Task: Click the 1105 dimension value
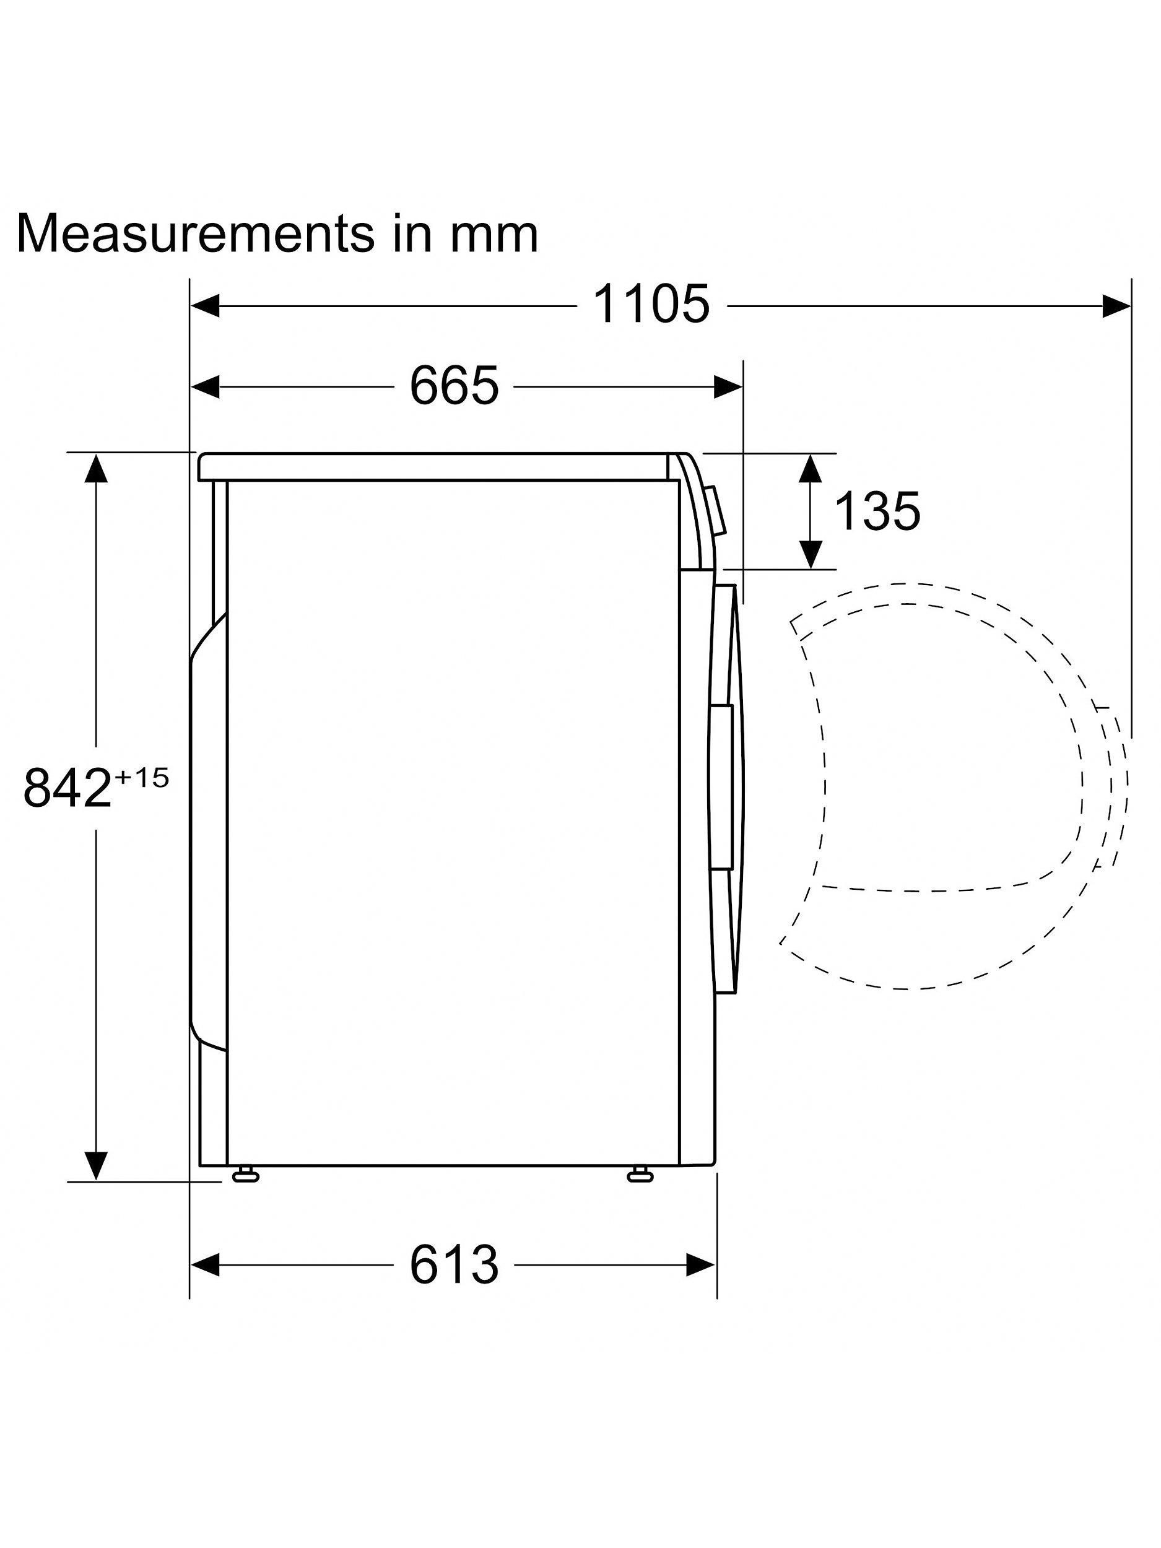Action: [x=651, y=305]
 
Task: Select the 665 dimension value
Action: [x=454, y=385]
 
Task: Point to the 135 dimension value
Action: [x=877, y=511]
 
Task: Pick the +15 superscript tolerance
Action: [x=141, y=778]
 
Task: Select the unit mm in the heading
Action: [x=494, y=237]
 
